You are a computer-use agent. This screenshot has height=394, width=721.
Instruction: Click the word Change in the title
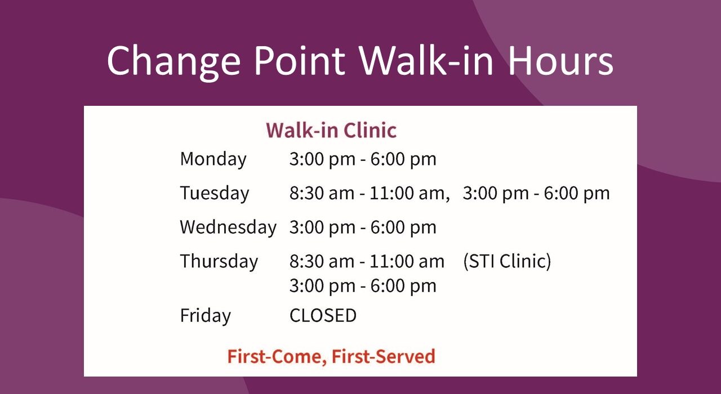tap(174, 62)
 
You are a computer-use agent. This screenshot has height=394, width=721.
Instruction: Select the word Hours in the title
tap(560, 60)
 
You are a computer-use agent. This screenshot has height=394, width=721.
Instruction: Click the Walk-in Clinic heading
tap(331, 130)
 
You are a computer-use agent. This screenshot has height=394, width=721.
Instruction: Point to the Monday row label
tap(213, 159)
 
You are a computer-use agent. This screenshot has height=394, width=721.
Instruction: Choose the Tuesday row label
tap(215, 194)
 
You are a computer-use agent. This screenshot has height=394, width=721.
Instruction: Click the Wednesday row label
tap(228, 227)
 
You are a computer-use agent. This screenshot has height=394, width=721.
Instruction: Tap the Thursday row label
tap(219, 261)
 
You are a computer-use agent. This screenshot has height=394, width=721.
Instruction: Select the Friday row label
tap(206, 316)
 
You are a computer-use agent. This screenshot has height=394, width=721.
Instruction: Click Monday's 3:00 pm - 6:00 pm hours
tap(363, 159)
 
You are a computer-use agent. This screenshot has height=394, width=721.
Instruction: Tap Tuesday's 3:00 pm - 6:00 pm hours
tap(536, 193)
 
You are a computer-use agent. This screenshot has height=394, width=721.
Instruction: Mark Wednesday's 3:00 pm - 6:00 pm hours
tap(363, 227)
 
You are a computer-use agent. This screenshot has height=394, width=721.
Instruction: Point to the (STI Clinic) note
tap(507, 261)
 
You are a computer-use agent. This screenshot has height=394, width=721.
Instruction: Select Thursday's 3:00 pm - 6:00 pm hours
tap(363, 285)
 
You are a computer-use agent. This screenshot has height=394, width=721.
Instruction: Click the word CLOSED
tap(323, 315)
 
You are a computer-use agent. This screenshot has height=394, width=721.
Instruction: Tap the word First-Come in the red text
tap(277, 357)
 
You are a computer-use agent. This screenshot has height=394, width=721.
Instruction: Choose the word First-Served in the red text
tap(384, 356)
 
